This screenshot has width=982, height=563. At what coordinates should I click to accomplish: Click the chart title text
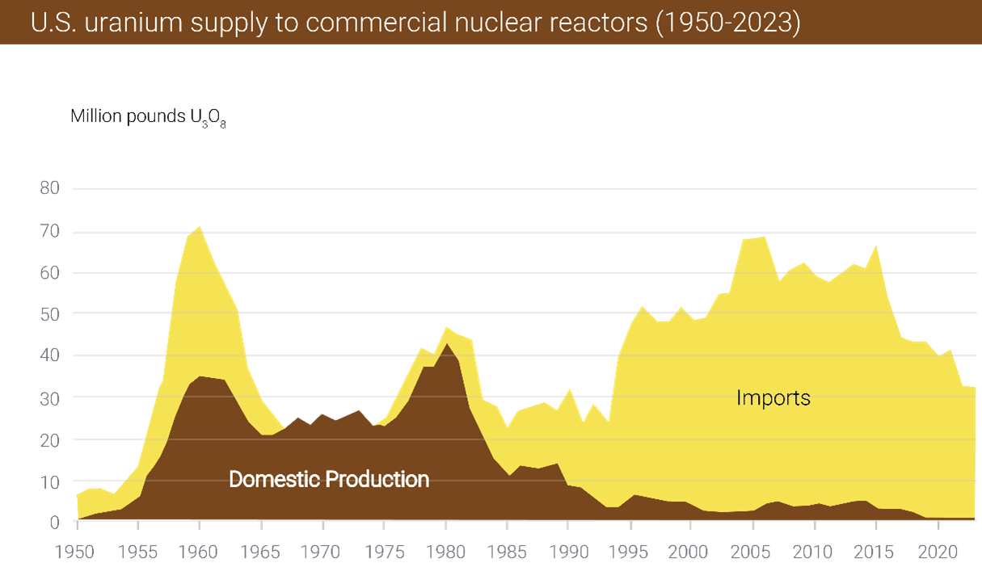pos(415,22)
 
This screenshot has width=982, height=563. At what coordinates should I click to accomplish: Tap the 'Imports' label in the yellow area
pos(773,397)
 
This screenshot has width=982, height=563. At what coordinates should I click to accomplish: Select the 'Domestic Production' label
pos(329,479)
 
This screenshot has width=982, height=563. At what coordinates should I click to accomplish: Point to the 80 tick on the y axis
pos(49,189)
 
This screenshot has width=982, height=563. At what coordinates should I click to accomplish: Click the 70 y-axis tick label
pos(49,231)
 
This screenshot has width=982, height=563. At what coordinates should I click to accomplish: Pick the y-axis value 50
pos(49,313)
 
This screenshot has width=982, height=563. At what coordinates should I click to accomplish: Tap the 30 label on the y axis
pos(49,397)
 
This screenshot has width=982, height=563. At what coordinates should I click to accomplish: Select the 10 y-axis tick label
pos(49,481)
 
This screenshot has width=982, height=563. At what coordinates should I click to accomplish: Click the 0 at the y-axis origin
pos(54,522)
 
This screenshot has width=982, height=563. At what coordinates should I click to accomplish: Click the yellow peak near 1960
pos(199,229)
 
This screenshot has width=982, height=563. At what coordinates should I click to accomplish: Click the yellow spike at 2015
pos(876,247)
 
